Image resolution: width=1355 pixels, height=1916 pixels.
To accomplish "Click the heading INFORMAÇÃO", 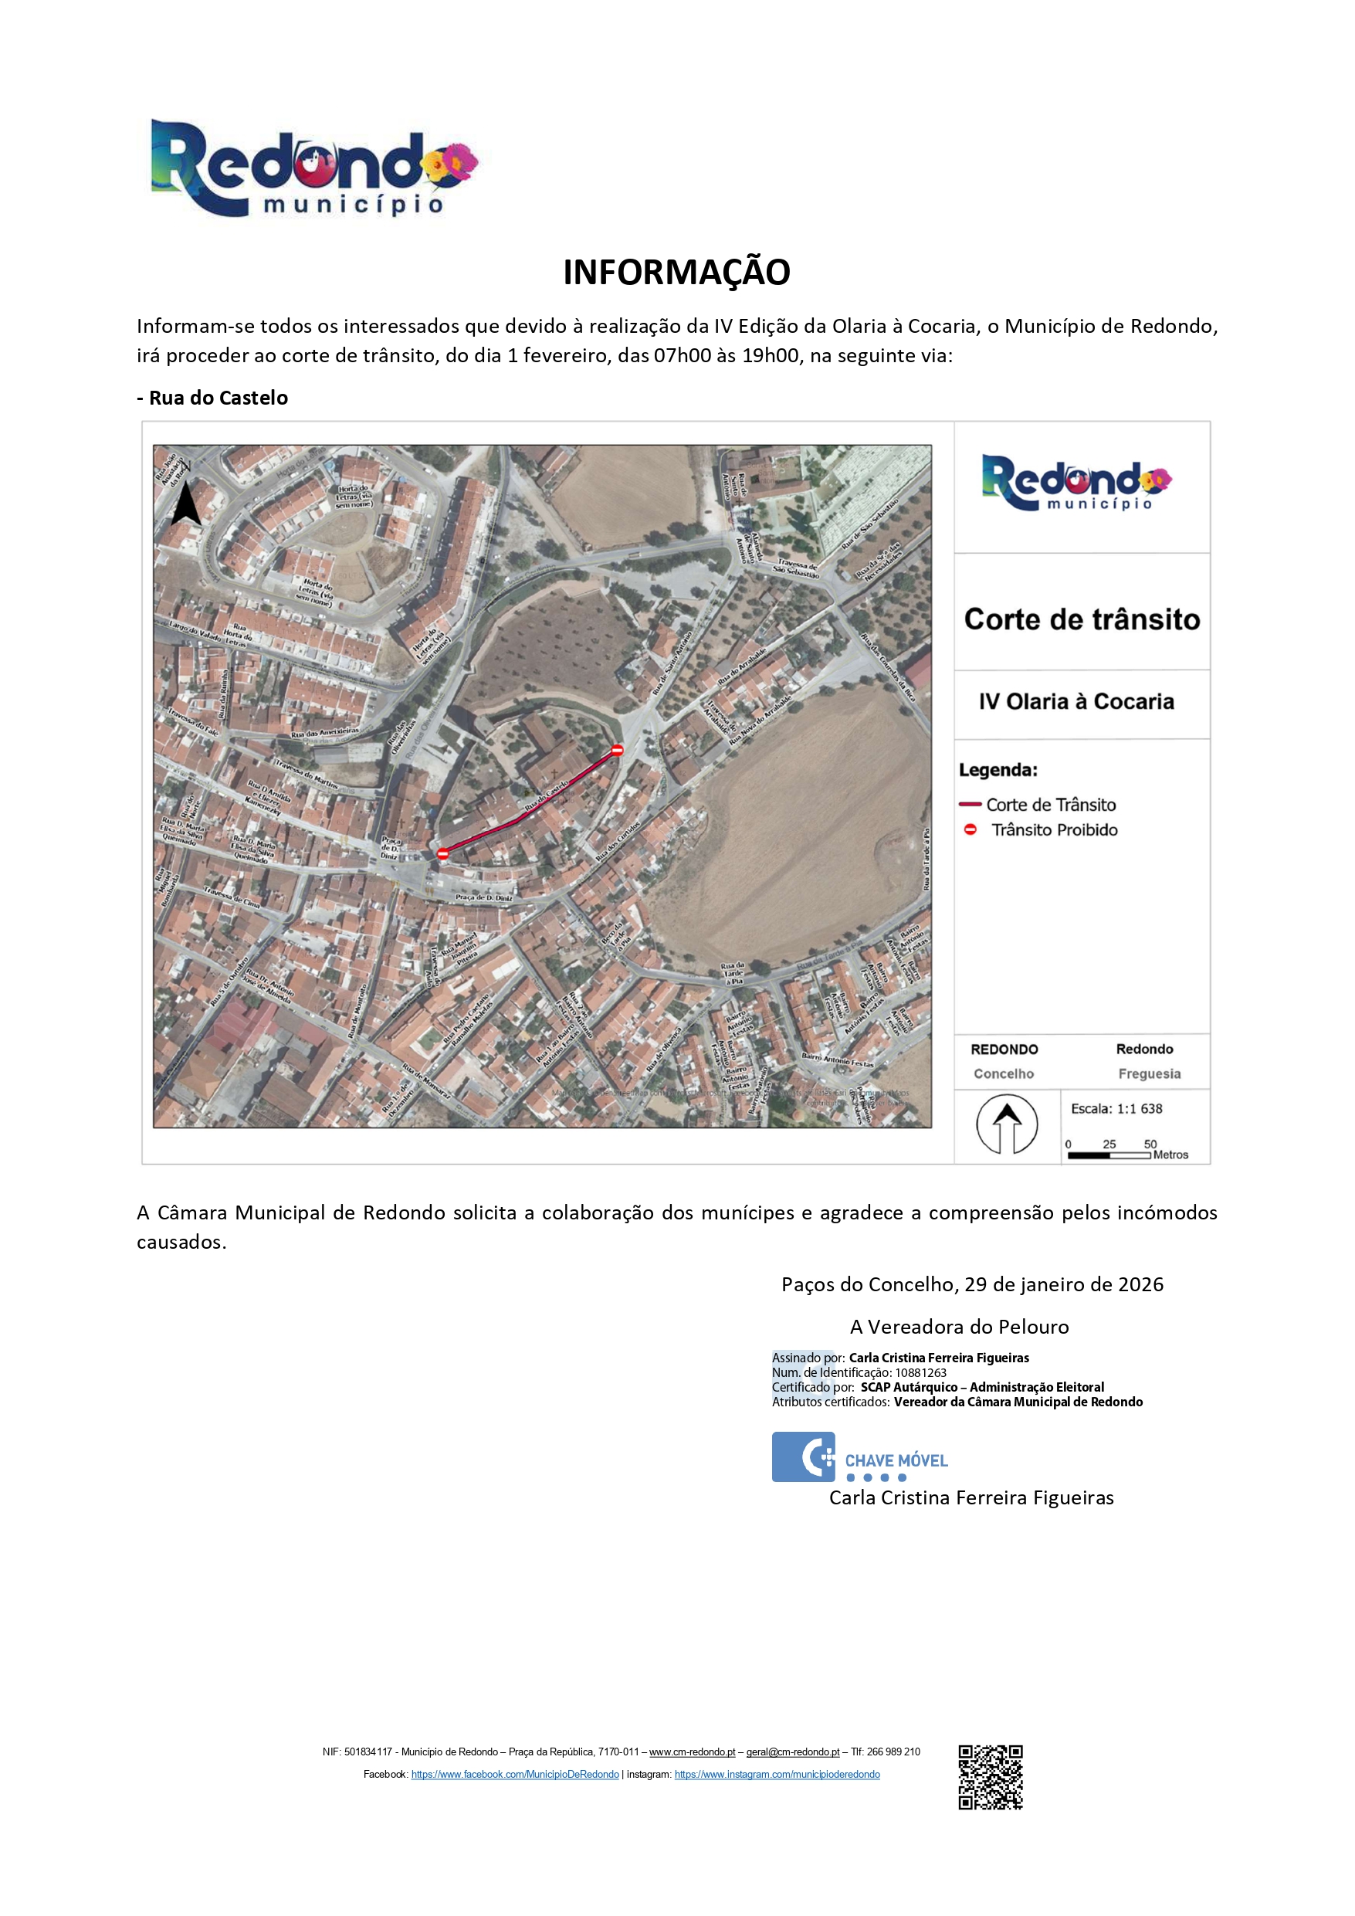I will click(x=676, y=272).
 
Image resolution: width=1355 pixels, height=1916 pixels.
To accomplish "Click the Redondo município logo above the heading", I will click(x=313, y=168).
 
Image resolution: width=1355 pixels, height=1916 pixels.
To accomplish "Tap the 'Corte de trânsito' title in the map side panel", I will click(x=1082, y=619).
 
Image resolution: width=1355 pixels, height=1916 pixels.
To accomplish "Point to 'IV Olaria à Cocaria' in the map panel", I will click(x=1076, y=702).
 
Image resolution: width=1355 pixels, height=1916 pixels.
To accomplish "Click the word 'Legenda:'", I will click(x=998, y=769).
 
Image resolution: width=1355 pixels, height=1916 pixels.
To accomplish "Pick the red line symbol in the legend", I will click(x=970, y=805).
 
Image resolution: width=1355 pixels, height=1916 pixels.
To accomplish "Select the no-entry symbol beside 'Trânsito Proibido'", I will click(x=971, y=829).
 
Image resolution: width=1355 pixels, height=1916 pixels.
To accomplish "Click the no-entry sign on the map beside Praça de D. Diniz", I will click(x=443, y=853).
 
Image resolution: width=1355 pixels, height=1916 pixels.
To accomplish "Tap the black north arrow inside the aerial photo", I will click(x=185, y=504).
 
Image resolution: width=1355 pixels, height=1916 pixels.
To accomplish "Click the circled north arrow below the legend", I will click(x=1007, y=1125).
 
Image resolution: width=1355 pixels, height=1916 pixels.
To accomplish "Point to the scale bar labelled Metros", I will click(x=1109, y=1155).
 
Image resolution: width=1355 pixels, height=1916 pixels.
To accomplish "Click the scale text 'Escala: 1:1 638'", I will click(x=1116, y=1108).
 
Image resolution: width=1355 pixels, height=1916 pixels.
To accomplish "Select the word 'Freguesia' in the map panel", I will click(x=1149, y=1074).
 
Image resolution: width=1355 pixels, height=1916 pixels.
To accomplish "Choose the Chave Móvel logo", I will click(x=859, y=1457).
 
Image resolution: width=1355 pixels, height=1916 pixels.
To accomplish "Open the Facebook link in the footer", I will click(x=515, y=1774).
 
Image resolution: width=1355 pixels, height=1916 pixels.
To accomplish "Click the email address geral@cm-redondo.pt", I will click(x=793, y=1752).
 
